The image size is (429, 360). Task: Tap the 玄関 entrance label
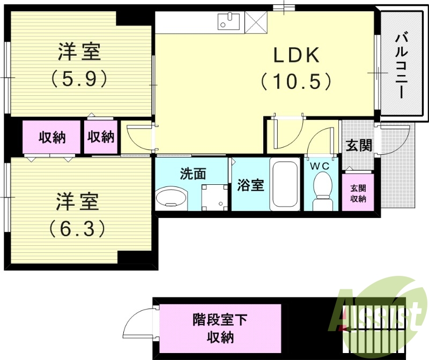[358, 145]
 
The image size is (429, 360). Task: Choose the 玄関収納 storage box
[358, 193]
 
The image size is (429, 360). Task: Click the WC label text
[322, 166]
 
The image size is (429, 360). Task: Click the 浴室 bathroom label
[250, 185]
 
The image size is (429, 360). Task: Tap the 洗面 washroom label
[193, 174]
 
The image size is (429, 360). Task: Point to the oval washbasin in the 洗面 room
[172, 199]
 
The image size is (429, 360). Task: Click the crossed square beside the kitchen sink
[256, 22]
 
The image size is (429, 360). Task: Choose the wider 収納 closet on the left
[52, 137]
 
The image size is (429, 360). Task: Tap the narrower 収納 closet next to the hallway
[101, 137]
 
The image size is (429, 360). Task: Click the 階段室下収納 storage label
[220, 328]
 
